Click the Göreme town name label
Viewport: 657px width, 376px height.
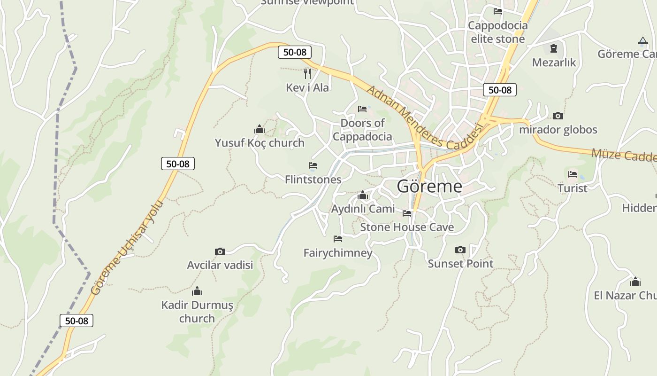pyautogui.click(x=429, y=187)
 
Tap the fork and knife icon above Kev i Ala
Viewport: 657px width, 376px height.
pyautogui.click(x=307, y=73)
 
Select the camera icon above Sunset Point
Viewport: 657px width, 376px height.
pyautogui.click(x=460, y=250)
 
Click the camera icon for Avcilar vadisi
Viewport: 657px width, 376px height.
pyautogui.click(x=220, y=251)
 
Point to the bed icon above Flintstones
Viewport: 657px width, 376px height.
pyautogui.click(x=313, y=165)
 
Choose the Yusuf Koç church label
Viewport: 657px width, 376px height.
pyautogui.click(x=260, y=143)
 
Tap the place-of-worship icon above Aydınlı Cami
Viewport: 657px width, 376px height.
pyautogui.click(x=363, y=196)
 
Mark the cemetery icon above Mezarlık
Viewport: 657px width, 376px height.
pyautogui.click(x=554, y=48)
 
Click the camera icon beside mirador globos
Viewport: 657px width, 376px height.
pyautogui.click(x=558, y=116)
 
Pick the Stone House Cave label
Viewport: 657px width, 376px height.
pyautogui.click(x=407, y=227)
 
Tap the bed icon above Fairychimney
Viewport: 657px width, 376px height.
pyautogui.click(x=337, y=239)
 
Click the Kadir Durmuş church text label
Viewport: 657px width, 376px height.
pyautogui.click(x=197, y=312)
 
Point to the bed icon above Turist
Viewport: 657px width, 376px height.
pyautogui.click(x=573, y=174)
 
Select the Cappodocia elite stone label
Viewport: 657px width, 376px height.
pyautogui.click(x=498, y=32)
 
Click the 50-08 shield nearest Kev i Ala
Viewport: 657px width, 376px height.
pyautogui.click(x=295, y=52)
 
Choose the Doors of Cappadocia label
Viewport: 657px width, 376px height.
pyautogui.click(x=362, y=130)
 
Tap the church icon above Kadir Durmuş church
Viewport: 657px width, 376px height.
pyautogui.click(x=197, y=291)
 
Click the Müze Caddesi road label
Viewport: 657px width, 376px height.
pyautogui.click(x=623, y=155)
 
